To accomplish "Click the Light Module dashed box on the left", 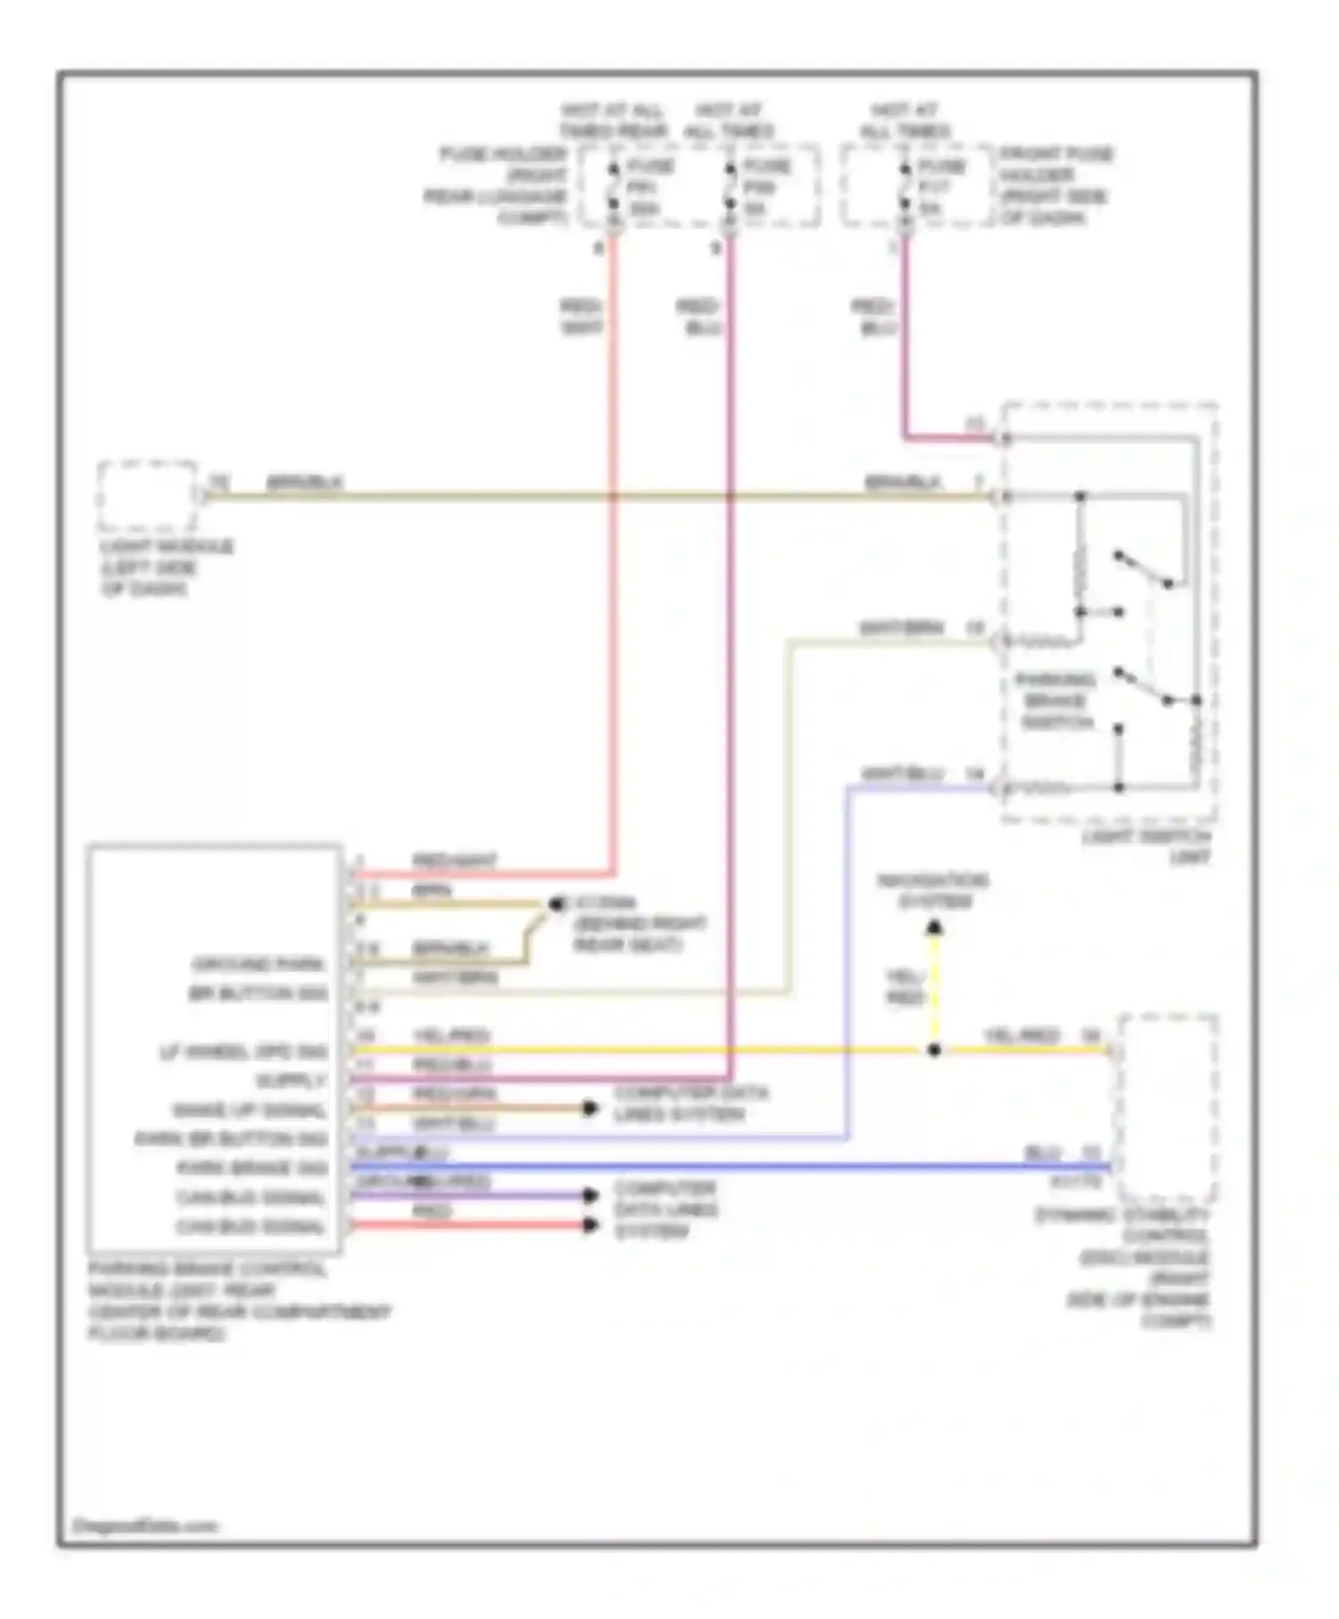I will (x=148, y=496).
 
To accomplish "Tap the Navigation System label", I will (x=933, y=891).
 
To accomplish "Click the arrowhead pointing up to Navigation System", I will (x=934, y=928).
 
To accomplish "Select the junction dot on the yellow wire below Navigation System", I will (x=934, y=1050).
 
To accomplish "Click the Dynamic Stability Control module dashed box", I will (x=1168, y=1108).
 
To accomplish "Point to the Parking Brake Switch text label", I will (x=1056, y=701).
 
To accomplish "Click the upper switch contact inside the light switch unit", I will (x=1143, y=570).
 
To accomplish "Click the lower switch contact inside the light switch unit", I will (x=1143, y=686).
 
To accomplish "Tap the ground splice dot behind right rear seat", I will (x=555, y=905).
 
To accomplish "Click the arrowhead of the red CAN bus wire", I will (x=589, y=1225).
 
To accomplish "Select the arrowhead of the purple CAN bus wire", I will (x=589, y=1195).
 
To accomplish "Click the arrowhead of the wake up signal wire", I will (x=589, y=1108).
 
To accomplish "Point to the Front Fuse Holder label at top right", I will (x=1055, y=186).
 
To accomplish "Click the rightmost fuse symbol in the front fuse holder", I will (x=905, y=187).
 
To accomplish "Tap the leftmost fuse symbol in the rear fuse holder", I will (x=613, y=187).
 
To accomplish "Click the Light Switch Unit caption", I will (x=1147, y=847).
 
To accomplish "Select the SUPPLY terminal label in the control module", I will (x=291, y=1081).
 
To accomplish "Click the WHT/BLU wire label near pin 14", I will (x=902, y=774).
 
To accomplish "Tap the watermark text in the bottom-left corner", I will (x=145, y=1525).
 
